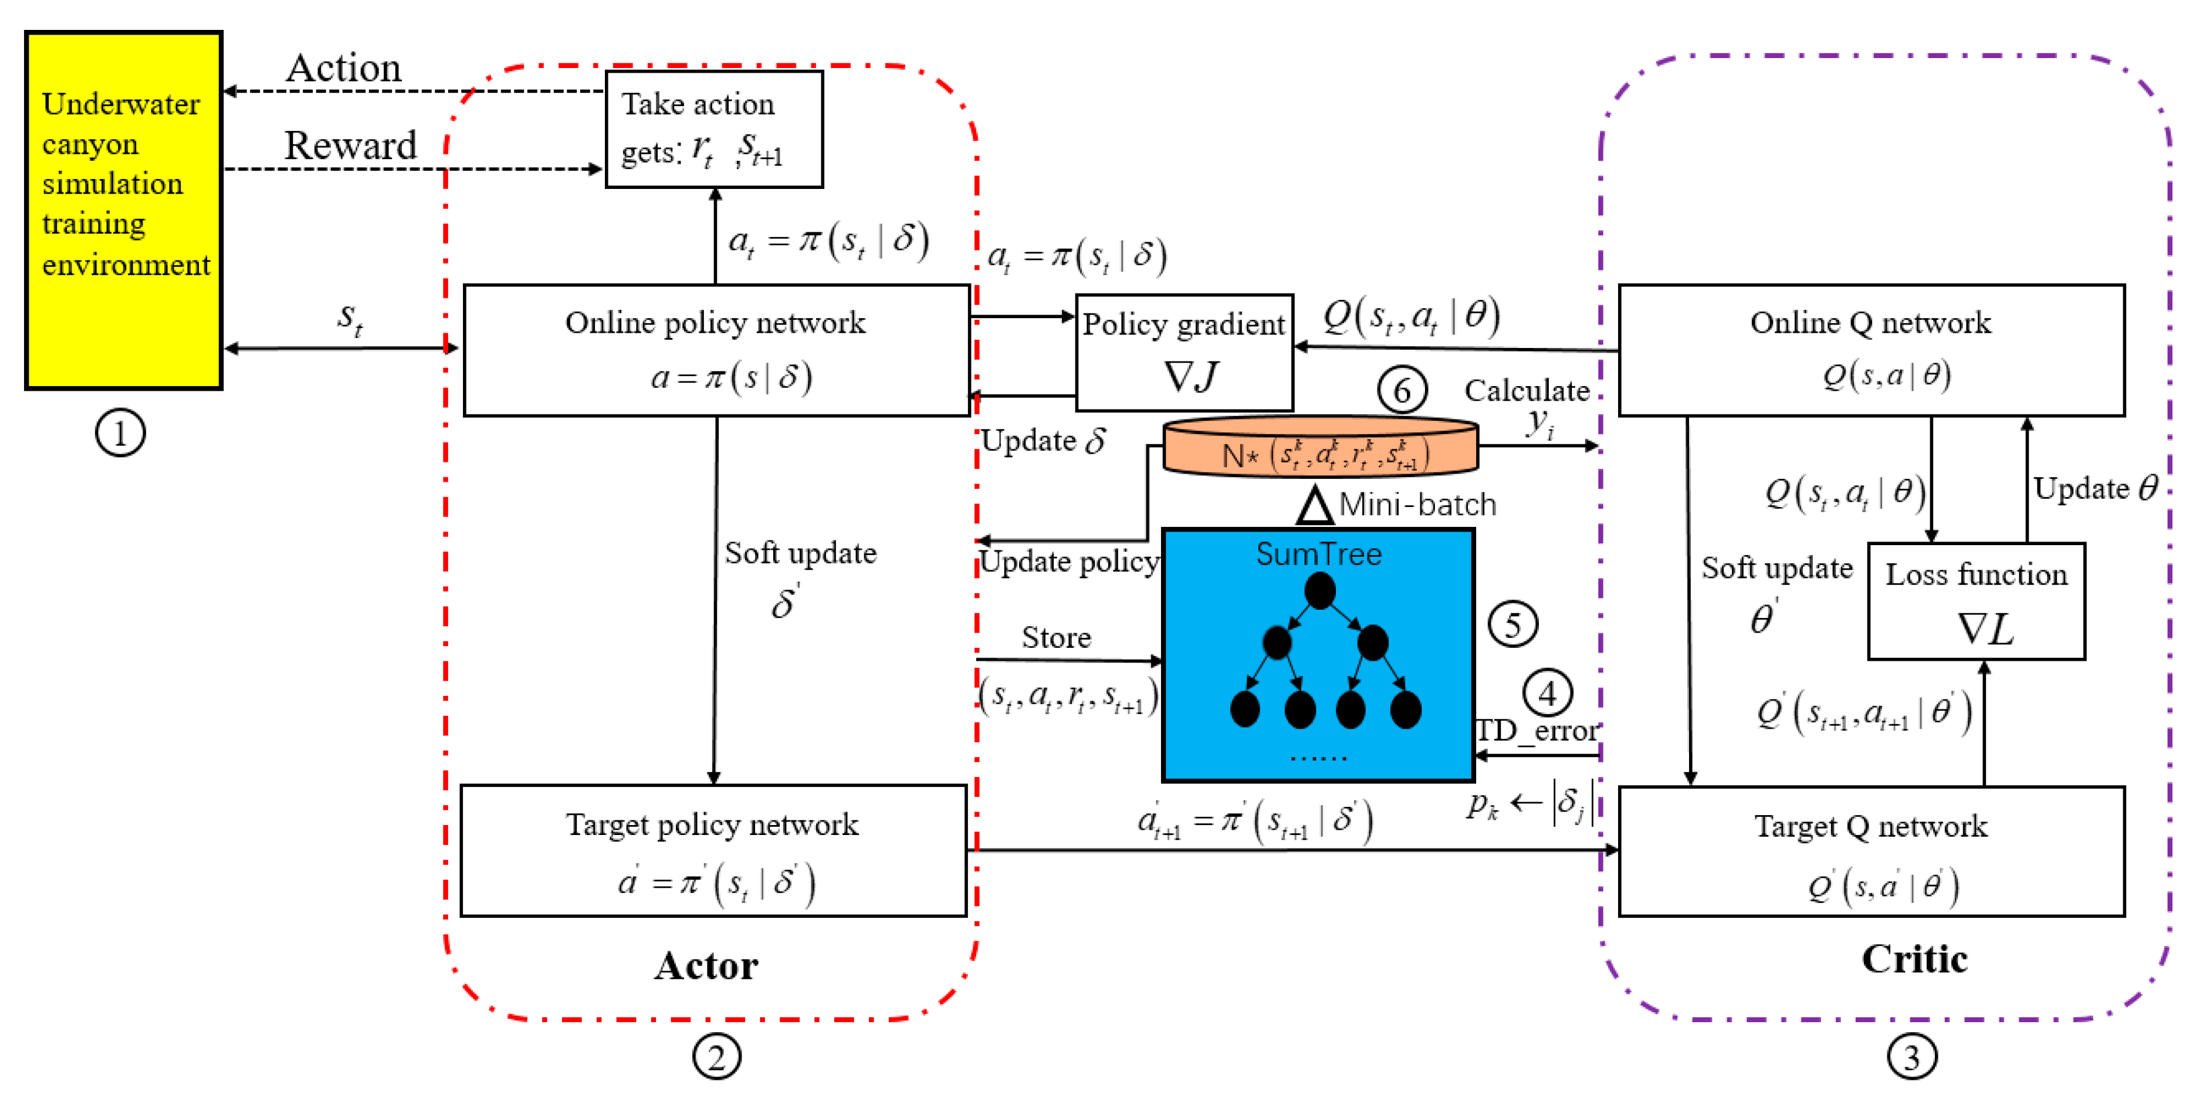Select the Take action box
714,129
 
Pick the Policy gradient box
1185,353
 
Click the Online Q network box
1871,351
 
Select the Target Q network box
1871,852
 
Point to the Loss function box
1977,601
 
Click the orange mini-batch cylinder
1321,447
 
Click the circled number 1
120,433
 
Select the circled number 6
1402,390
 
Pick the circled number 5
1513,624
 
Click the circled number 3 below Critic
1912,1057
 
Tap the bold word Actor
706,966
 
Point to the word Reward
351,146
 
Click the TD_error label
1537,731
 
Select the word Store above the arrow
1056,637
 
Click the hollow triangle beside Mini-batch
1314,506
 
